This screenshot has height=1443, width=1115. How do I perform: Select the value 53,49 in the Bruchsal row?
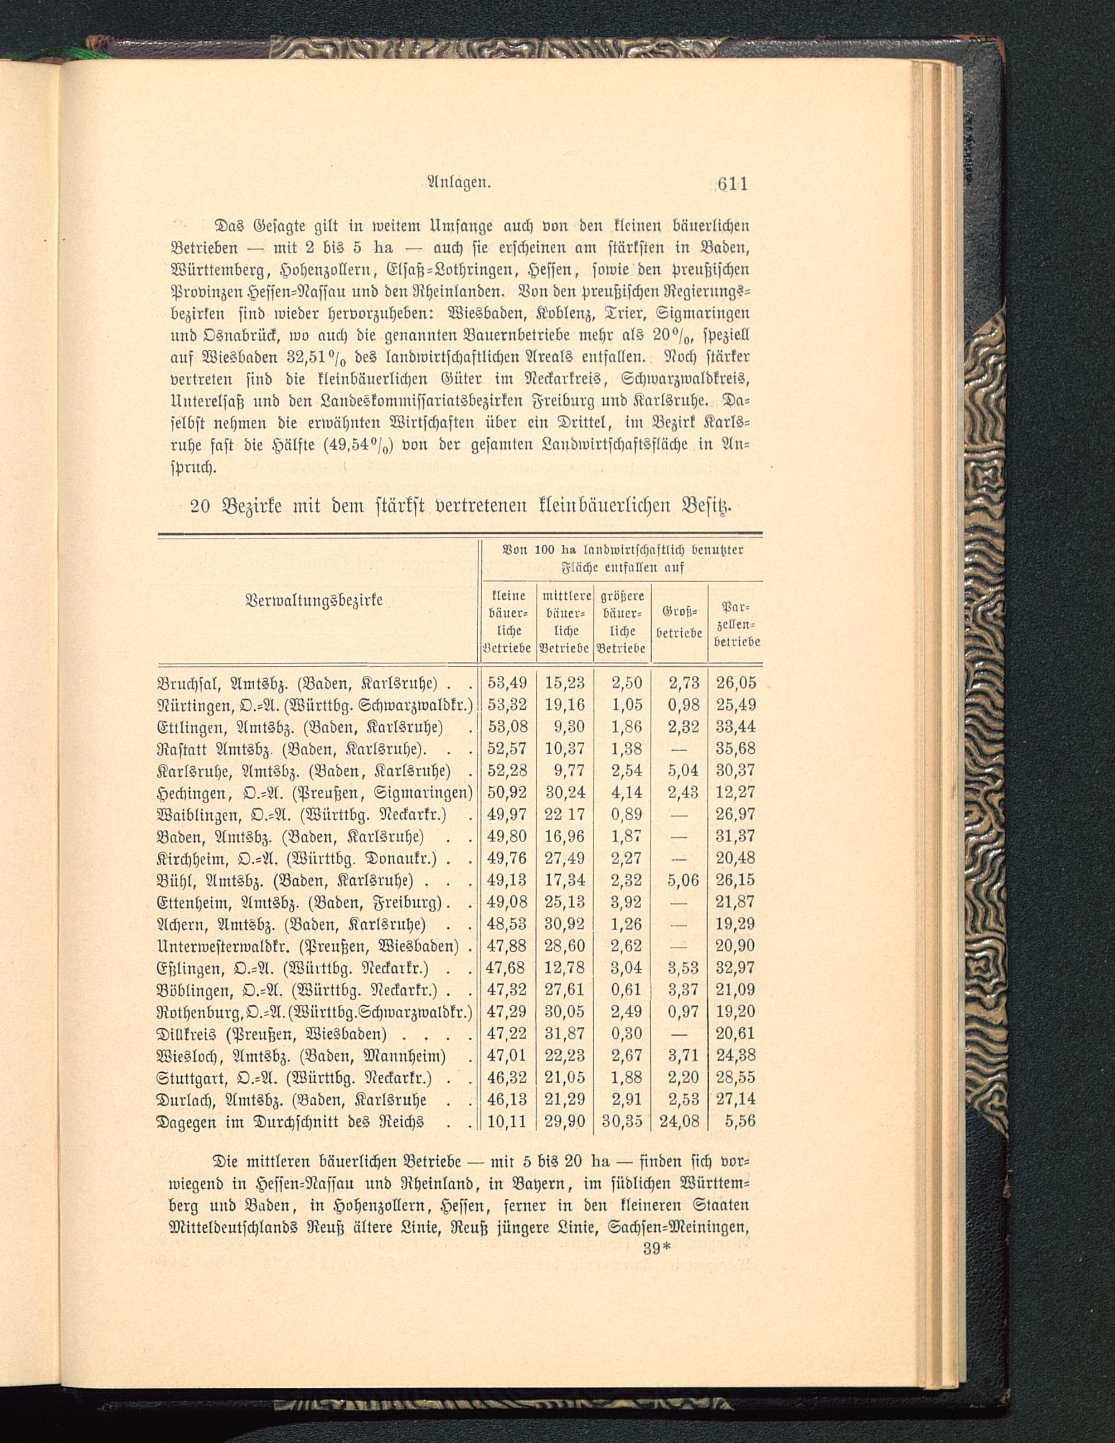point(507,682)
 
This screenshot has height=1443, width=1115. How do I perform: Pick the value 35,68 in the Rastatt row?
point(735,749)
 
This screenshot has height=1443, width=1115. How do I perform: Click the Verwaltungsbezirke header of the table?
point(314,601)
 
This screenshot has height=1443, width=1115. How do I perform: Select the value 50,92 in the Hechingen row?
point(507,792)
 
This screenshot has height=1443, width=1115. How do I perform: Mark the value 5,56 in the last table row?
point(740,1121)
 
